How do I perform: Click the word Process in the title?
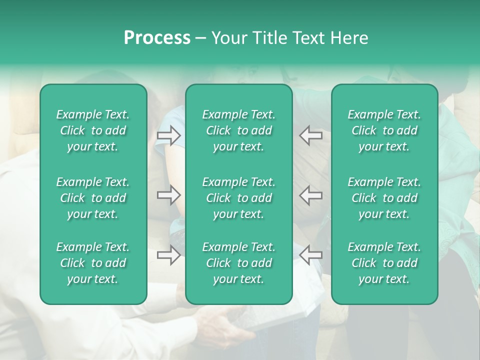tap(157, 38)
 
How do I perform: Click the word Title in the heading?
tap(269, 38)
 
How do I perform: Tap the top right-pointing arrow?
tap(168, 135)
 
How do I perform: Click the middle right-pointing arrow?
tap(168, 195)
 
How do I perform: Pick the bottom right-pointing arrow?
tap(168, 255)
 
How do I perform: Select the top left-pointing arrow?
tap(310, 135)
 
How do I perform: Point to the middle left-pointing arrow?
tap(310, 195)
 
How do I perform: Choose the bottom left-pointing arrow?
tap(310, 255)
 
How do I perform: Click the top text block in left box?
tap(93, 130)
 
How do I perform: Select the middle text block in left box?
tap(93, 198)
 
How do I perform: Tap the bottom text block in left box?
tap(93, 263)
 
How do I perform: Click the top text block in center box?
tap(238, 130)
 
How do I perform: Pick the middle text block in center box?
tap(238, 198)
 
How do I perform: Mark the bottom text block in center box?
tap(238, 263)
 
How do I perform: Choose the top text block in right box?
tap(384, 130)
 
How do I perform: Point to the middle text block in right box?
tap(384, 198)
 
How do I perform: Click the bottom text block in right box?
tap(384, 263)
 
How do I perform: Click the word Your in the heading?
tap(229, 38)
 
